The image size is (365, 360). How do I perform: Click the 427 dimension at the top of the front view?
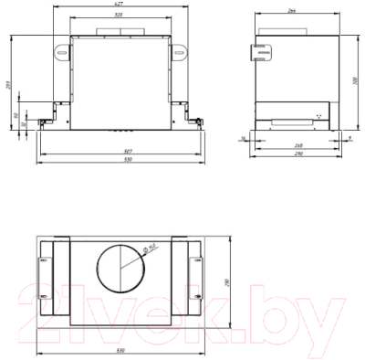120,5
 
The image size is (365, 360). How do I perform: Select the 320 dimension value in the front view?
120,16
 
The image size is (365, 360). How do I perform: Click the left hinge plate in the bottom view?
46,272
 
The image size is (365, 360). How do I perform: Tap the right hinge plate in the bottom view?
196,272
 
